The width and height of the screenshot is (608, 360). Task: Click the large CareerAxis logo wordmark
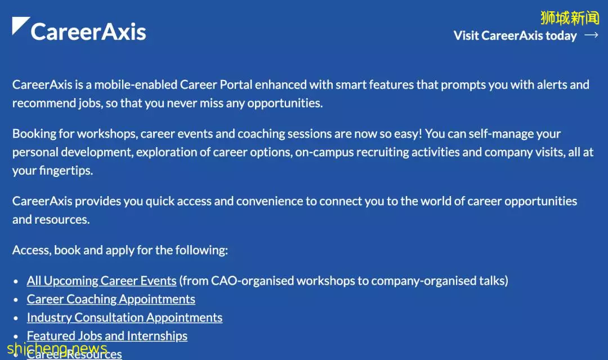(88, 32)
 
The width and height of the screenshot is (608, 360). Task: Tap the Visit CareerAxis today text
(515, 35)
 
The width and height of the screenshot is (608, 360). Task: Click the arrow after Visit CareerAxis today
(591, 35)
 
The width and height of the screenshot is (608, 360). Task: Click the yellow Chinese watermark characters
(570, 18)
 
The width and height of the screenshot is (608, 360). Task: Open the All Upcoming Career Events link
(101, 281)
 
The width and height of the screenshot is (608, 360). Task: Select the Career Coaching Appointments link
(111, 299)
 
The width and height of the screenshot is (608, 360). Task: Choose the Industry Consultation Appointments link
(124, 317)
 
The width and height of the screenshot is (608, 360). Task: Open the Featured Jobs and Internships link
(107, 336)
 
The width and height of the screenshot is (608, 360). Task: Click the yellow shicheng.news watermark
(57, 348)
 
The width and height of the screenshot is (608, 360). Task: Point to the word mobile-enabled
(136, 85)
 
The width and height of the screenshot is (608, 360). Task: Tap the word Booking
(34, 134)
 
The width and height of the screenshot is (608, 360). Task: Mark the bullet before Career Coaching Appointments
(16, 300)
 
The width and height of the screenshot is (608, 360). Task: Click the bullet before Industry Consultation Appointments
(16, 318)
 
